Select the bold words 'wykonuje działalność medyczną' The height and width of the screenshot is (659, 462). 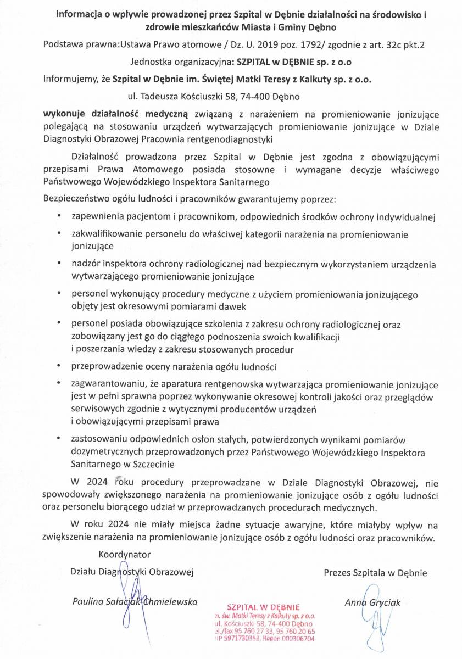tap(116, 115)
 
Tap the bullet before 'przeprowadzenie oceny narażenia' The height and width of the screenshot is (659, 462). tap(59, 365)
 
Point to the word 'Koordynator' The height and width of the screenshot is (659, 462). tap(124, 555)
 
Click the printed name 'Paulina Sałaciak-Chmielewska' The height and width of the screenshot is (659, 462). tap(135, 602)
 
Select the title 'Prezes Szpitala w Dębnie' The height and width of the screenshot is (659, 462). tap(375, 573)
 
